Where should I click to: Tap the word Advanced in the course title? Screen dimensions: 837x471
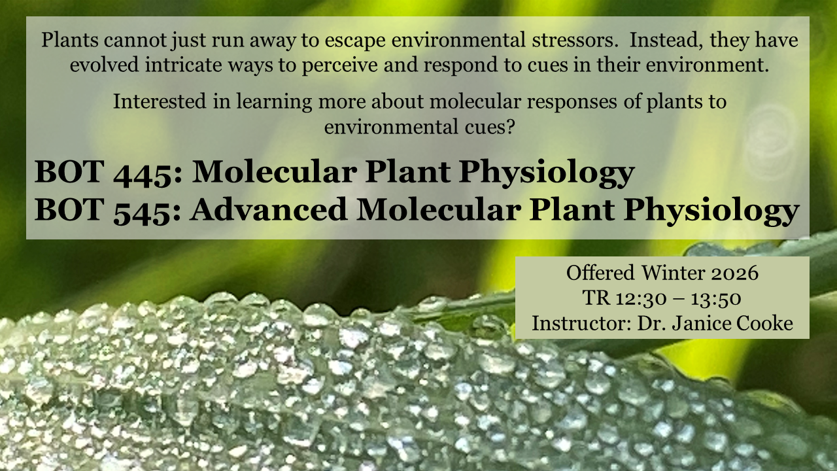[x=269, y=209]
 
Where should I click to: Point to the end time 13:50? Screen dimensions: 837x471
[x=716, y=298]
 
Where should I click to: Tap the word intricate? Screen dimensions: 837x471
[x=184, y=65]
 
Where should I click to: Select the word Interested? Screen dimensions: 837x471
[x=160, y=101]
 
